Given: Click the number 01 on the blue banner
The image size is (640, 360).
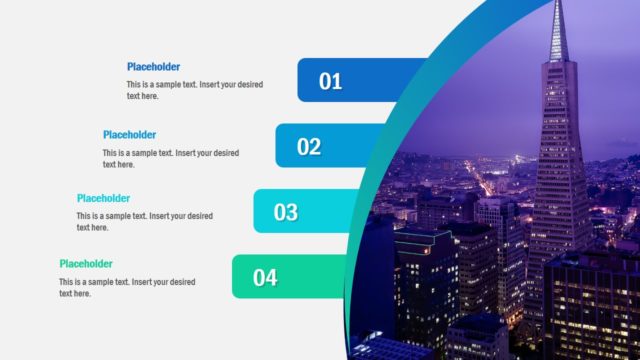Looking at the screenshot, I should [x=331, y=82].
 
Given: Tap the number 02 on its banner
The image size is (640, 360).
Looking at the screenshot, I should [x=309, y=147].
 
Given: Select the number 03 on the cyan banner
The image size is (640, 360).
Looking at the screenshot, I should [x=286, y=212].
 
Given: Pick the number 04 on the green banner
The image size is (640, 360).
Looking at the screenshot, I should [x=265, y=278].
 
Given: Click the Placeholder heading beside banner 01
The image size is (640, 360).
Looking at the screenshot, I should [x=153, y=67].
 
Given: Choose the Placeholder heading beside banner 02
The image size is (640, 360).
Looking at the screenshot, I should [x=129, y=134].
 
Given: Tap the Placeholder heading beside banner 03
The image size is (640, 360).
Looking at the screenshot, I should [x=103, y=198].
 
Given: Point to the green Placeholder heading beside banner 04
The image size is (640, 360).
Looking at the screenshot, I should [x=85, y=264].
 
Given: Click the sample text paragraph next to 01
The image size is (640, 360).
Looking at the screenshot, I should [x=194, y=90].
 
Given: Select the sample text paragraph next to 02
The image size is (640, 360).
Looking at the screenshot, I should [x=170, y=158].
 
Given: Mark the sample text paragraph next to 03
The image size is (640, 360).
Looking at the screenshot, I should [x=144, y=221].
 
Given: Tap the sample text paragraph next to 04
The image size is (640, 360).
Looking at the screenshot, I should [x=126, y=287].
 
